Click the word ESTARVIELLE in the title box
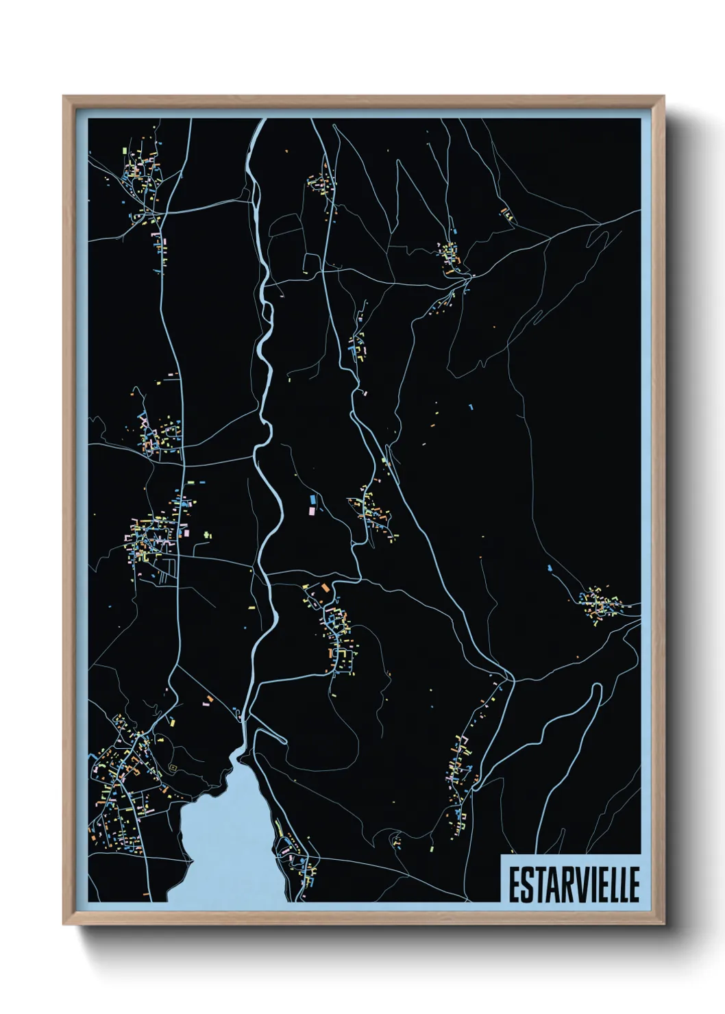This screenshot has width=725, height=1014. (x=573, y=885)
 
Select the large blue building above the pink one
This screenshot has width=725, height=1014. (x=314, y=499)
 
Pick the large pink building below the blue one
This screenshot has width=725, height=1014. (x=312, y=510)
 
